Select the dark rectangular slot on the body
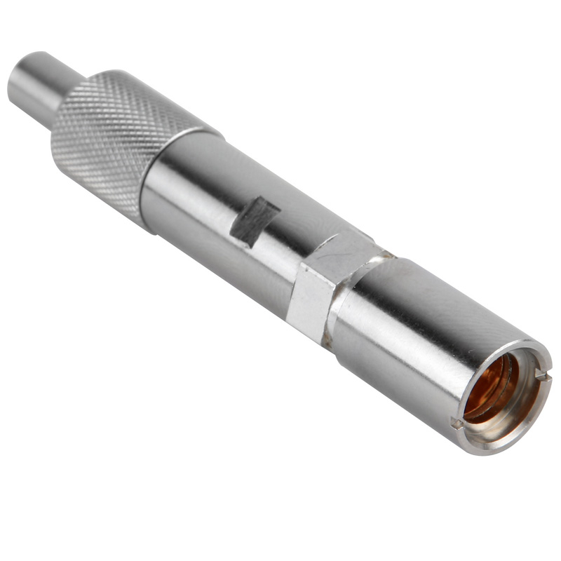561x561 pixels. [x=255, y=220]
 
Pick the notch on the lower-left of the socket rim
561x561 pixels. [x=457, y=424]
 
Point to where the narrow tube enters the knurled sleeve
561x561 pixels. [x=60, y=105]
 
